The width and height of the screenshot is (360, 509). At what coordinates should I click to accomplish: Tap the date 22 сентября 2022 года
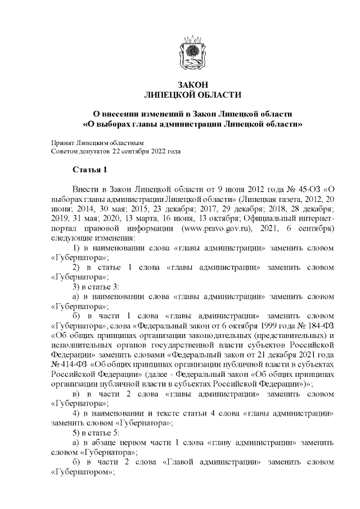(x=147, y=151)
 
